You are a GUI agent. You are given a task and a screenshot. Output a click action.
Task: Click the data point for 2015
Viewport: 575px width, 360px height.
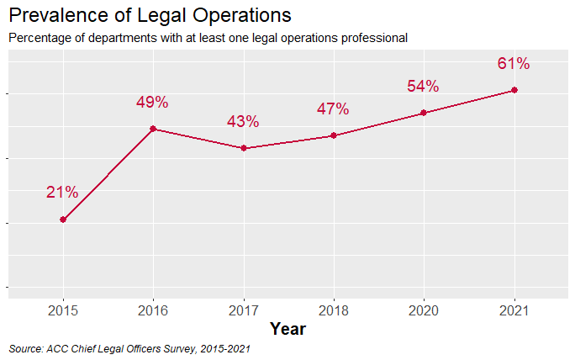tap(63, 220)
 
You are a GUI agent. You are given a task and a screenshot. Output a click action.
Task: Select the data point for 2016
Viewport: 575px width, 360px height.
tap(153, 129)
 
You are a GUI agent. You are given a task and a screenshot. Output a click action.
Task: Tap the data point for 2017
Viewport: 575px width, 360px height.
tap(243, 148)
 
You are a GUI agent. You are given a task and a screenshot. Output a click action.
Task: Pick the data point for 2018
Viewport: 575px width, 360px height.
tap(334, 135)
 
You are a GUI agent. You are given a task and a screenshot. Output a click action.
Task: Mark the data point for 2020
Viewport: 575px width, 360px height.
tap(424, 113)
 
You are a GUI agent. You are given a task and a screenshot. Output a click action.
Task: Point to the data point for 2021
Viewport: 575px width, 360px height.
tap(514, 90)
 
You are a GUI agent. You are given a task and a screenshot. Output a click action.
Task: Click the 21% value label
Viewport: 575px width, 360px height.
tap(62, 193)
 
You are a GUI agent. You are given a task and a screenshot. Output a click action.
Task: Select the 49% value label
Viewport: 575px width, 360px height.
tap(152, 103)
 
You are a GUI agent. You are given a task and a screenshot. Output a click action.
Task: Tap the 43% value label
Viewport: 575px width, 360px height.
tap(243, 122)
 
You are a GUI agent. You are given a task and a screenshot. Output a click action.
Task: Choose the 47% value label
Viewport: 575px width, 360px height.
tap(333, 109)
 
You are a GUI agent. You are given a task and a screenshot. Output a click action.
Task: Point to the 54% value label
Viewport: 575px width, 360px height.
tap(423, 87)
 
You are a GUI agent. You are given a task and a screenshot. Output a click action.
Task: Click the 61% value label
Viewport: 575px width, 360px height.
tap(513, 64)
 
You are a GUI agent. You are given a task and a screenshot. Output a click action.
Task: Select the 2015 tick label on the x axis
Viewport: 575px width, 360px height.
tap(63, 311)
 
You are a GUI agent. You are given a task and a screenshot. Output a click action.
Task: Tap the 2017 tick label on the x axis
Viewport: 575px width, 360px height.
tap(243, 311)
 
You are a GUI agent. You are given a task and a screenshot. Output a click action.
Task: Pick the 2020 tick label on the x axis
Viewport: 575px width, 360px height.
tap(424, 311)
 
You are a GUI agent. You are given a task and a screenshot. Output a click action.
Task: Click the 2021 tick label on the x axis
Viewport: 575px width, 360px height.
tap(514, 311)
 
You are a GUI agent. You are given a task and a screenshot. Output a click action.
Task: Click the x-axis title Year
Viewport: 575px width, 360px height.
tap(287, 329)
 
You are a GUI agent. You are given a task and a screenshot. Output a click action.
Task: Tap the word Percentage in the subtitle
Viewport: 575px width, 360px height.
tap(40, 38)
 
